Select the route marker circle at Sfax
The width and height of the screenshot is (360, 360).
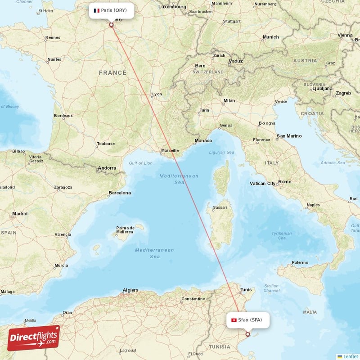click(247, 334)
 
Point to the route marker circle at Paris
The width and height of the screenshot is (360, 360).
click(111, 25)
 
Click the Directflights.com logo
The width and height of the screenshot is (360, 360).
click(33, 338)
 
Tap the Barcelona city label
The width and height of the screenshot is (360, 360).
click(120, 193)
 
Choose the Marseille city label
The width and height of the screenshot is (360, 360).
click(170, 150)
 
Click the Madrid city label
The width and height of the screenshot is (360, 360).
click(20, 214)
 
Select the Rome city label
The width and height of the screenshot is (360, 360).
click(285, 181)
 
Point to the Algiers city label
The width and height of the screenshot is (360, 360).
click(130, 290)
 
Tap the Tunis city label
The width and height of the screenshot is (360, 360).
click(246, 289)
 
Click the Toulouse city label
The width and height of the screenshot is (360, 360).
click(106, 144)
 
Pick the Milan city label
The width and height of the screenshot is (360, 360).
click(229, 101)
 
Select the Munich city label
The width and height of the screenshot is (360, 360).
click(271, 37)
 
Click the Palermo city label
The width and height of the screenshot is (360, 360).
click(300, 262)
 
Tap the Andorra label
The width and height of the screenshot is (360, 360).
click(107, 168)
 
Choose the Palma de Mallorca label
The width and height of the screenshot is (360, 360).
click(125, 230)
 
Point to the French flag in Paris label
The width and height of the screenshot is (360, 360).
click(96, 10)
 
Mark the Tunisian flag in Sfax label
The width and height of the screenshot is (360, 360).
click(234, 320)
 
